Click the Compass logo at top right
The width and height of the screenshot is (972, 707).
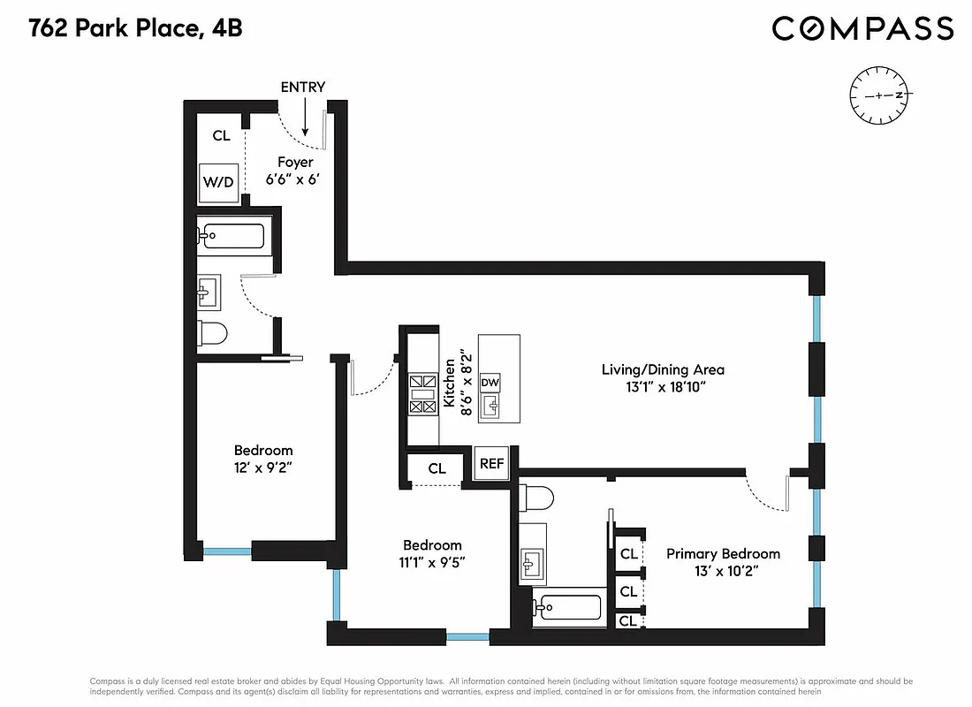[862, 28]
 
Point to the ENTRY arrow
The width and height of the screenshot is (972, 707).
[304, 115]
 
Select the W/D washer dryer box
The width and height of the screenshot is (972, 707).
[219, 183]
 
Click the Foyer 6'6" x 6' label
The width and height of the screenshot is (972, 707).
[295, 171]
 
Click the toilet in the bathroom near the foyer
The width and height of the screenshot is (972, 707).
[213, 333]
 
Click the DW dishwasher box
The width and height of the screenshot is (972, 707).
[490, 383]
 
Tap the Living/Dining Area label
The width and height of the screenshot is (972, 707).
[663, 378]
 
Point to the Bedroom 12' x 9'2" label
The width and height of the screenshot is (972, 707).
[262, 459]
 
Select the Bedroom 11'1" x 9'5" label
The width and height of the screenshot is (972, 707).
[432, 553]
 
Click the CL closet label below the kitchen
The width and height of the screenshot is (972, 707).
[437, 468]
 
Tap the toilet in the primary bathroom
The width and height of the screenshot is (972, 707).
[537, 498]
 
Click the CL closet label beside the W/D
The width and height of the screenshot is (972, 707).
[221, 136]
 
